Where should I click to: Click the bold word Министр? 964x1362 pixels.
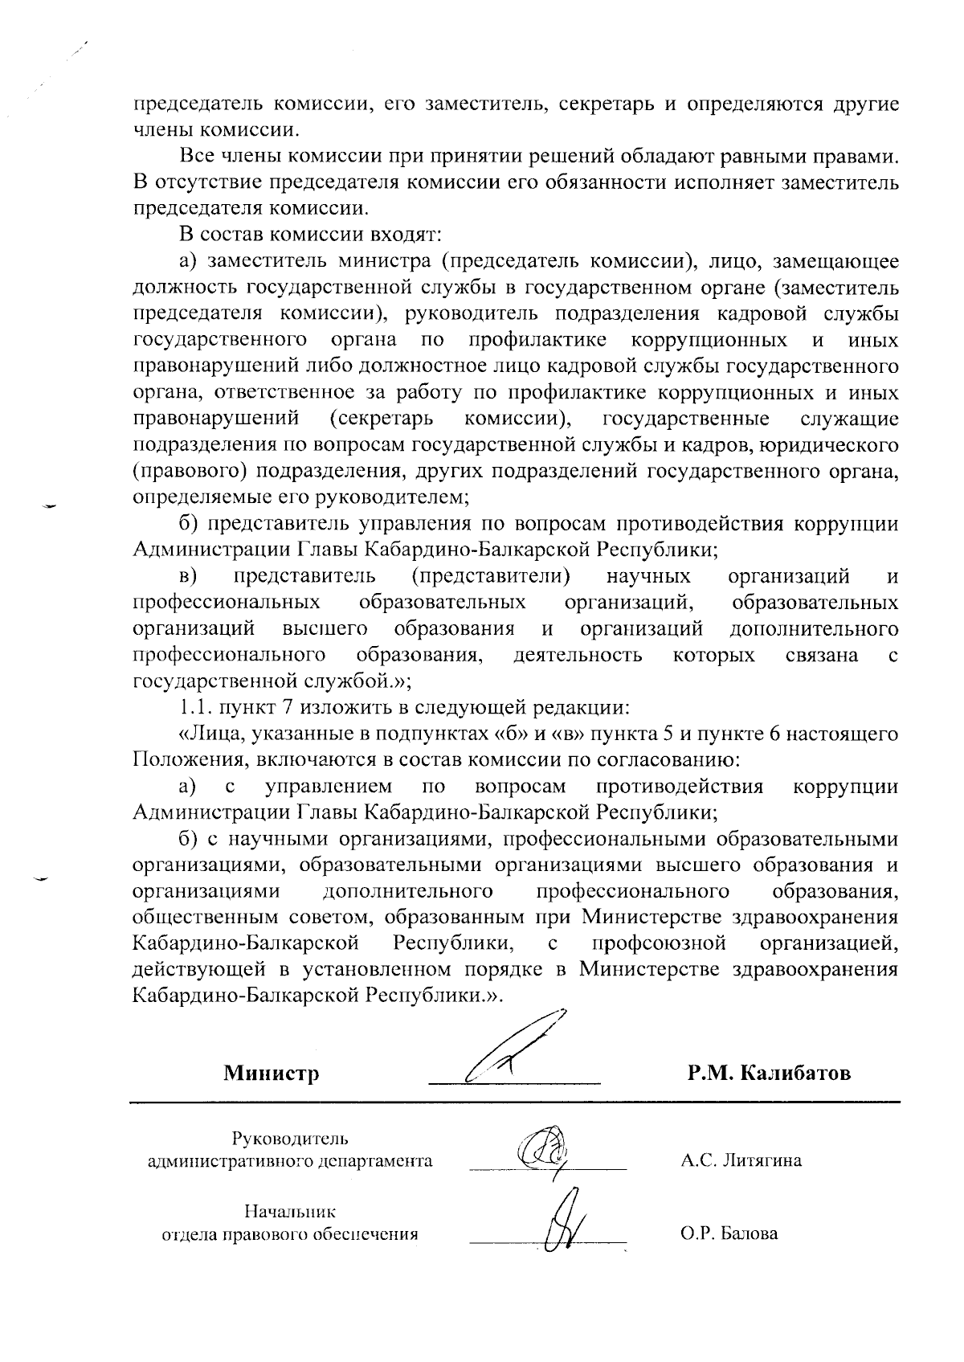point(271,1074)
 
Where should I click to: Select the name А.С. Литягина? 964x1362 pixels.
point(740,1160)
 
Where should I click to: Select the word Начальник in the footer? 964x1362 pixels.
point(290,1212)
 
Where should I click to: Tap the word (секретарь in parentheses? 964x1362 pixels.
point(382,419)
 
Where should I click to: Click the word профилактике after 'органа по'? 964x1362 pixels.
point(537,340)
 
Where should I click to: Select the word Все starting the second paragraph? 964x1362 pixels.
point(197,156)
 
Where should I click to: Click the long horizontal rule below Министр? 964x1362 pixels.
point(514,1101)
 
